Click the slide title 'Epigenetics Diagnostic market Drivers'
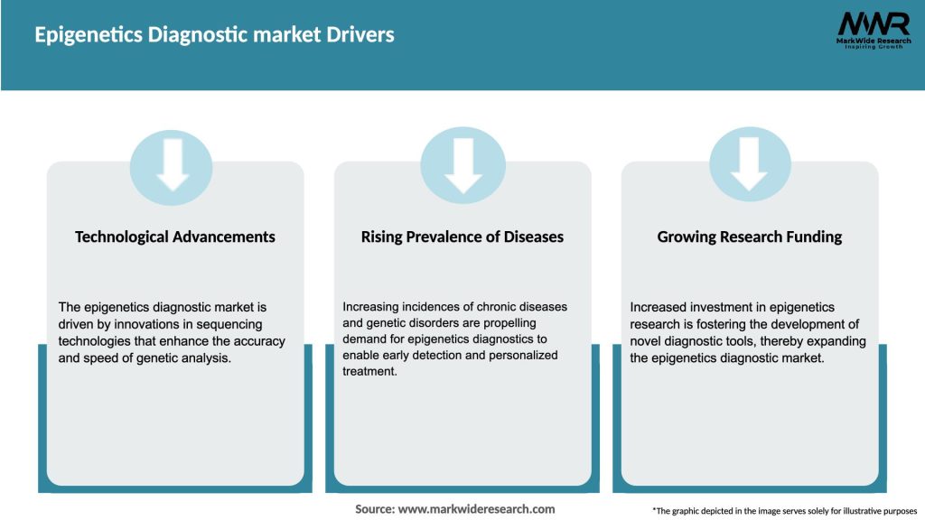pyautogui.click(x=214, y=35)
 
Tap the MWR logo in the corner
pyautogui.click(x=873, y=23)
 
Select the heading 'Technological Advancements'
pyautogui.click(x=175, y=237)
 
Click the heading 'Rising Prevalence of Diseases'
pyautogui.click(x=462, y=237)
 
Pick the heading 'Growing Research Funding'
pyautogui.click(x=749, y=237)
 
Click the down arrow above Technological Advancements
pyautogui.click(x=172, y=165)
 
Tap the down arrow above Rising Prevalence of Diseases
pyautogui.click(x=463, y=165)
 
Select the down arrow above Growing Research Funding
pyautogui.click(x=749, y=165)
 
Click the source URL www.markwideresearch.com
pyautogui.click(x=476, y=509)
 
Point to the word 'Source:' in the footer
pyautogui.click(x=375, y=509)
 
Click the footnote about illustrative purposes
pyautogui.click(x=784, y=511)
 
